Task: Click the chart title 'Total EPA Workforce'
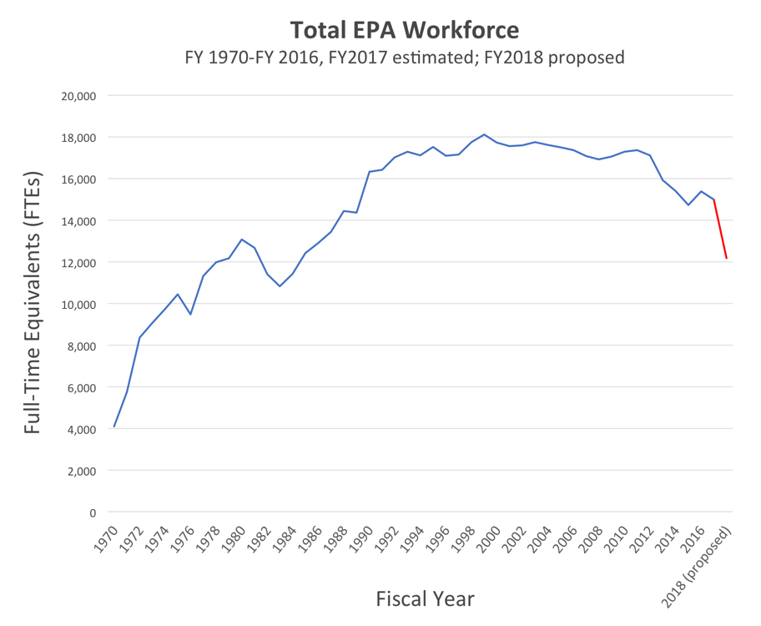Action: [404, 31]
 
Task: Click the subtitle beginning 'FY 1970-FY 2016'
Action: [404, 58]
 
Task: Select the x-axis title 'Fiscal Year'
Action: [425, 598]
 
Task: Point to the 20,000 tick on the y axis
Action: [79, 95]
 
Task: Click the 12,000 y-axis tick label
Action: [79, 262]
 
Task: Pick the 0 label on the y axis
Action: [91, 512]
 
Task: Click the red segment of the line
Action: [720, 230]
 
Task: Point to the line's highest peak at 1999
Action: [484, 134]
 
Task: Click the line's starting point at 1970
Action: [114, 427]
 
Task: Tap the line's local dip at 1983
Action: [280, 286]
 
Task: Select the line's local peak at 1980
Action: [242, 240]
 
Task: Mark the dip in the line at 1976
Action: [190, 314]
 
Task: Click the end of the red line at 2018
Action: [726, 258]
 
